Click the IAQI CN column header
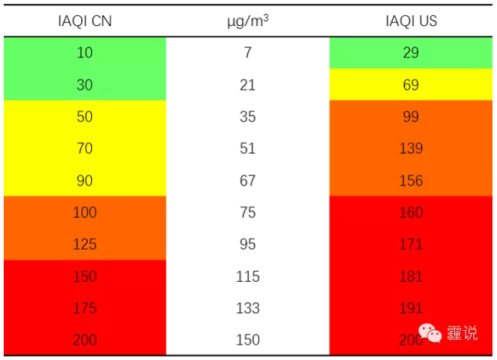click(x=84, y=21)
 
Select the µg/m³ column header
click(x=247, y=21)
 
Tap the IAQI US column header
click(x=410, y=21)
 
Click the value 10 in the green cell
click(x=84, y=54)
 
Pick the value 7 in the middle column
click(x=247, y=54)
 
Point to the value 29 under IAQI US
click(x=410, y=54)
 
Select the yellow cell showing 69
click(x=410, y=85)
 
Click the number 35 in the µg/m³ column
click(x=247, y=117)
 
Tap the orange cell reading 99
click(x=410, y=117)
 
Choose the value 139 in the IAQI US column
click(x=410, y=149)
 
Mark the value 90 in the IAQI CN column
click(x=84, y=181)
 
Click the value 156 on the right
click(x=410, y=181)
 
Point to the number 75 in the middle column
click(x=247, y=212)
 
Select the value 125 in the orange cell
click(x=84, y=244)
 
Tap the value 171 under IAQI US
click(x=410, y=244)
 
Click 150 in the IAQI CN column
click(x=84, y=277)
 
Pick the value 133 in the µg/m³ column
click(x=247, y=308)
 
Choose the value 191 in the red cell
click(x=410, y=308)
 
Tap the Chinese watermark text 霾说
click(x=463, y=333)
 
